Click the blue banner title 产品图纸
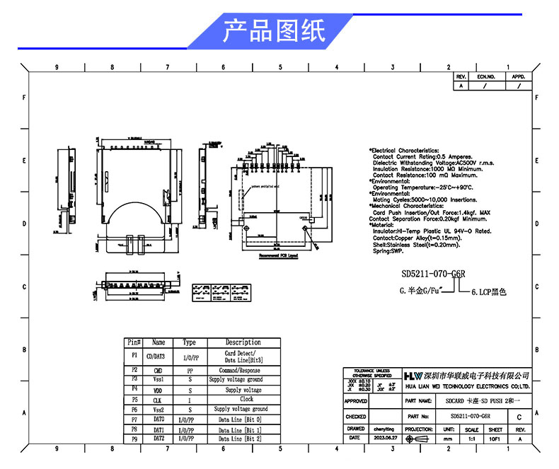pos(274,31)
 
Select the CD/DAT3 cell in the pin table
pos(159,356)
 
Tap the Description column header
pos(243,342)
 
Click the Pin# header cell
pos(134,342)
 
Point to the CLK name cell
pos(159,400)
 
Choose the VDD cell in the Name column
pos(159,390)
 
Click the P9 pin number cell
pos(134,439)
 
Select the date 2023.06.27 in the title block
pos(384,439)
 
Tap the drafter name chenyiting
pos(384,429)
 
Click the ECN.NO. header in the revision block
pos(485,76)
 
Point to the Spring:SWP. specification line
pos(389,250)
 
